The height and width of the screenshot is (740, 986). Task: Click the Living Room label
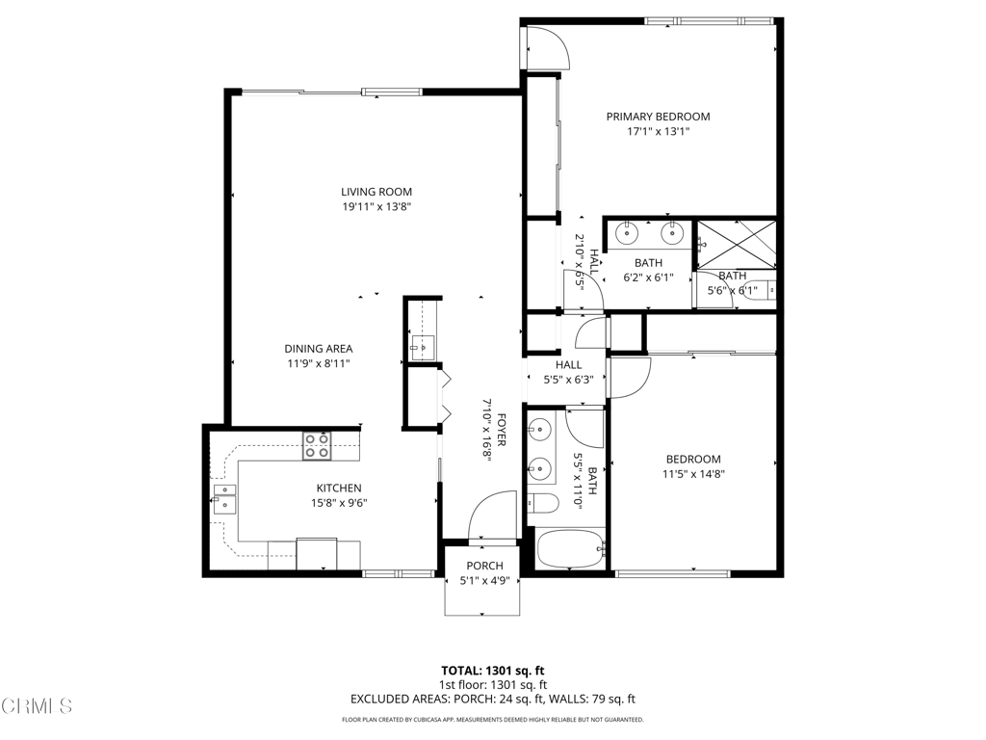pyautogui.click(x=376, y=192)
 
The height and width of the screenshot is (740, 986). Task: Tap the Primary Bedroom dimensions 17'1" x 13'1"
pyautogui.click(x=658, y=131)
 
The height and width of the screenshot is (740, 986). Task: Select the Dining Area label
pyautogui.click(x=318, y=349)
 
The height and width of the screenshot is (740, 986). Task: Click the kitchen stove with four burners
pyautogui.click(x=317, y=445)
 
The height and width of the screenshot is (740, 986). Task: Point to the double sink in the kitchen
pyautogui.click(x=224, y=499)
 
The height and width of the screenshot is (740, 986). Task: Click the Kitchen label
pyautogui.click(x=339, y=489)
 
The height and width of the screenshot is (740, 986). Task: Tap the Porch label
pyautogui.click(x=484, y=566)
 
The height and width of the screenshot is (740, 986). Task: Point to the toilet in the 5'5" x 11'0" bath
pyautogui.click(x=543, y=503)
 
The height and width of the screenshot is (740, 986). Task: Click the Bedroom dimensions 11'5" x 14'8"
pyautogui.click(x=693, y=474)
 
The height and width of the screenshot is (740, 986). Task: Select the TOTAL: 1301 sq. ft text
pyautogui.click(x=492, y=671)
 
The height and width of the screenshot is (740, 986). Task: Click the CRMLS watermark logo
pyautogui.click(x=37, y=706)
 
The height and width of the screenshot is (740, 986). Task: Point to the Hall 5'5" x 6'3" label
pyautogui.click(x=568, y=372)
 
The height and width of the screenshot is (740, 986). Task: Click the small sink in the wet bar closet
pyautogui.click(x=423, y=345)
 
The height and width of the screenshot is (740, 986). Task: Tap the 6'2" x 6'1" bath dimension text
pyautogui.click(x=648, y=277)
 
